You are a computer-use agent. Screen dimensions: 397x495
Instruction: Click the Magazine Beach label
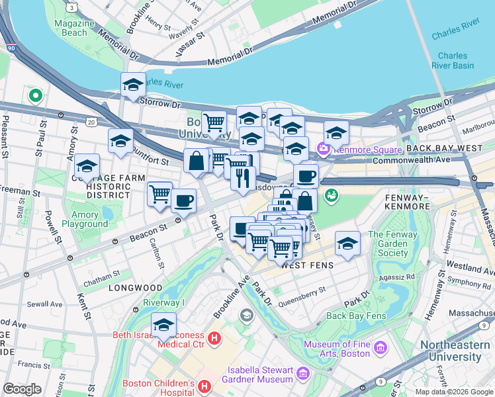click(x=71, y=28)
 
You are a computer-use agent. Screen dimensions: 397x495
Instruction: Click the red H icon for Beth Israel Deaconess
click(x=214, y=339)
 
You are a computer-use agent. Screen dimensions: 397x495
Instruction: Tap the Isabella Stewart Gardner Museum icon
click(x=302, y=374)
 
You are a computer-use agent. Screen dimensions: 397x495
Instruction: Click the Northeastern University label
click(x=459, y=351)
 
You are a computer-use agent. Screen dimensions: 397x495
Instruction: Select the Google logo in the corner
click(x=22, y=388)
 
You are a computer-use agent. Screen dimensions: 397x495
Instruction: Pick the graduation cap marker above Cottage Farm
click(x=87, y=167)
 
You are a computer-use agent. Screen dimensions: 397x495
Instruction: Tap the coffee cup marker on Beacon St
click(x=183, y=200)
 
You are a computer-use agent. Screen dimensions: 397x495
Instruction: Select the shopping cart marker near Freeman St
click(x=159, y=195)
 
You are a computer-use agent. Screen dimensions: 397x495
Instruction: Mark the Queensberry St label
click(x=304, y=290)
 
